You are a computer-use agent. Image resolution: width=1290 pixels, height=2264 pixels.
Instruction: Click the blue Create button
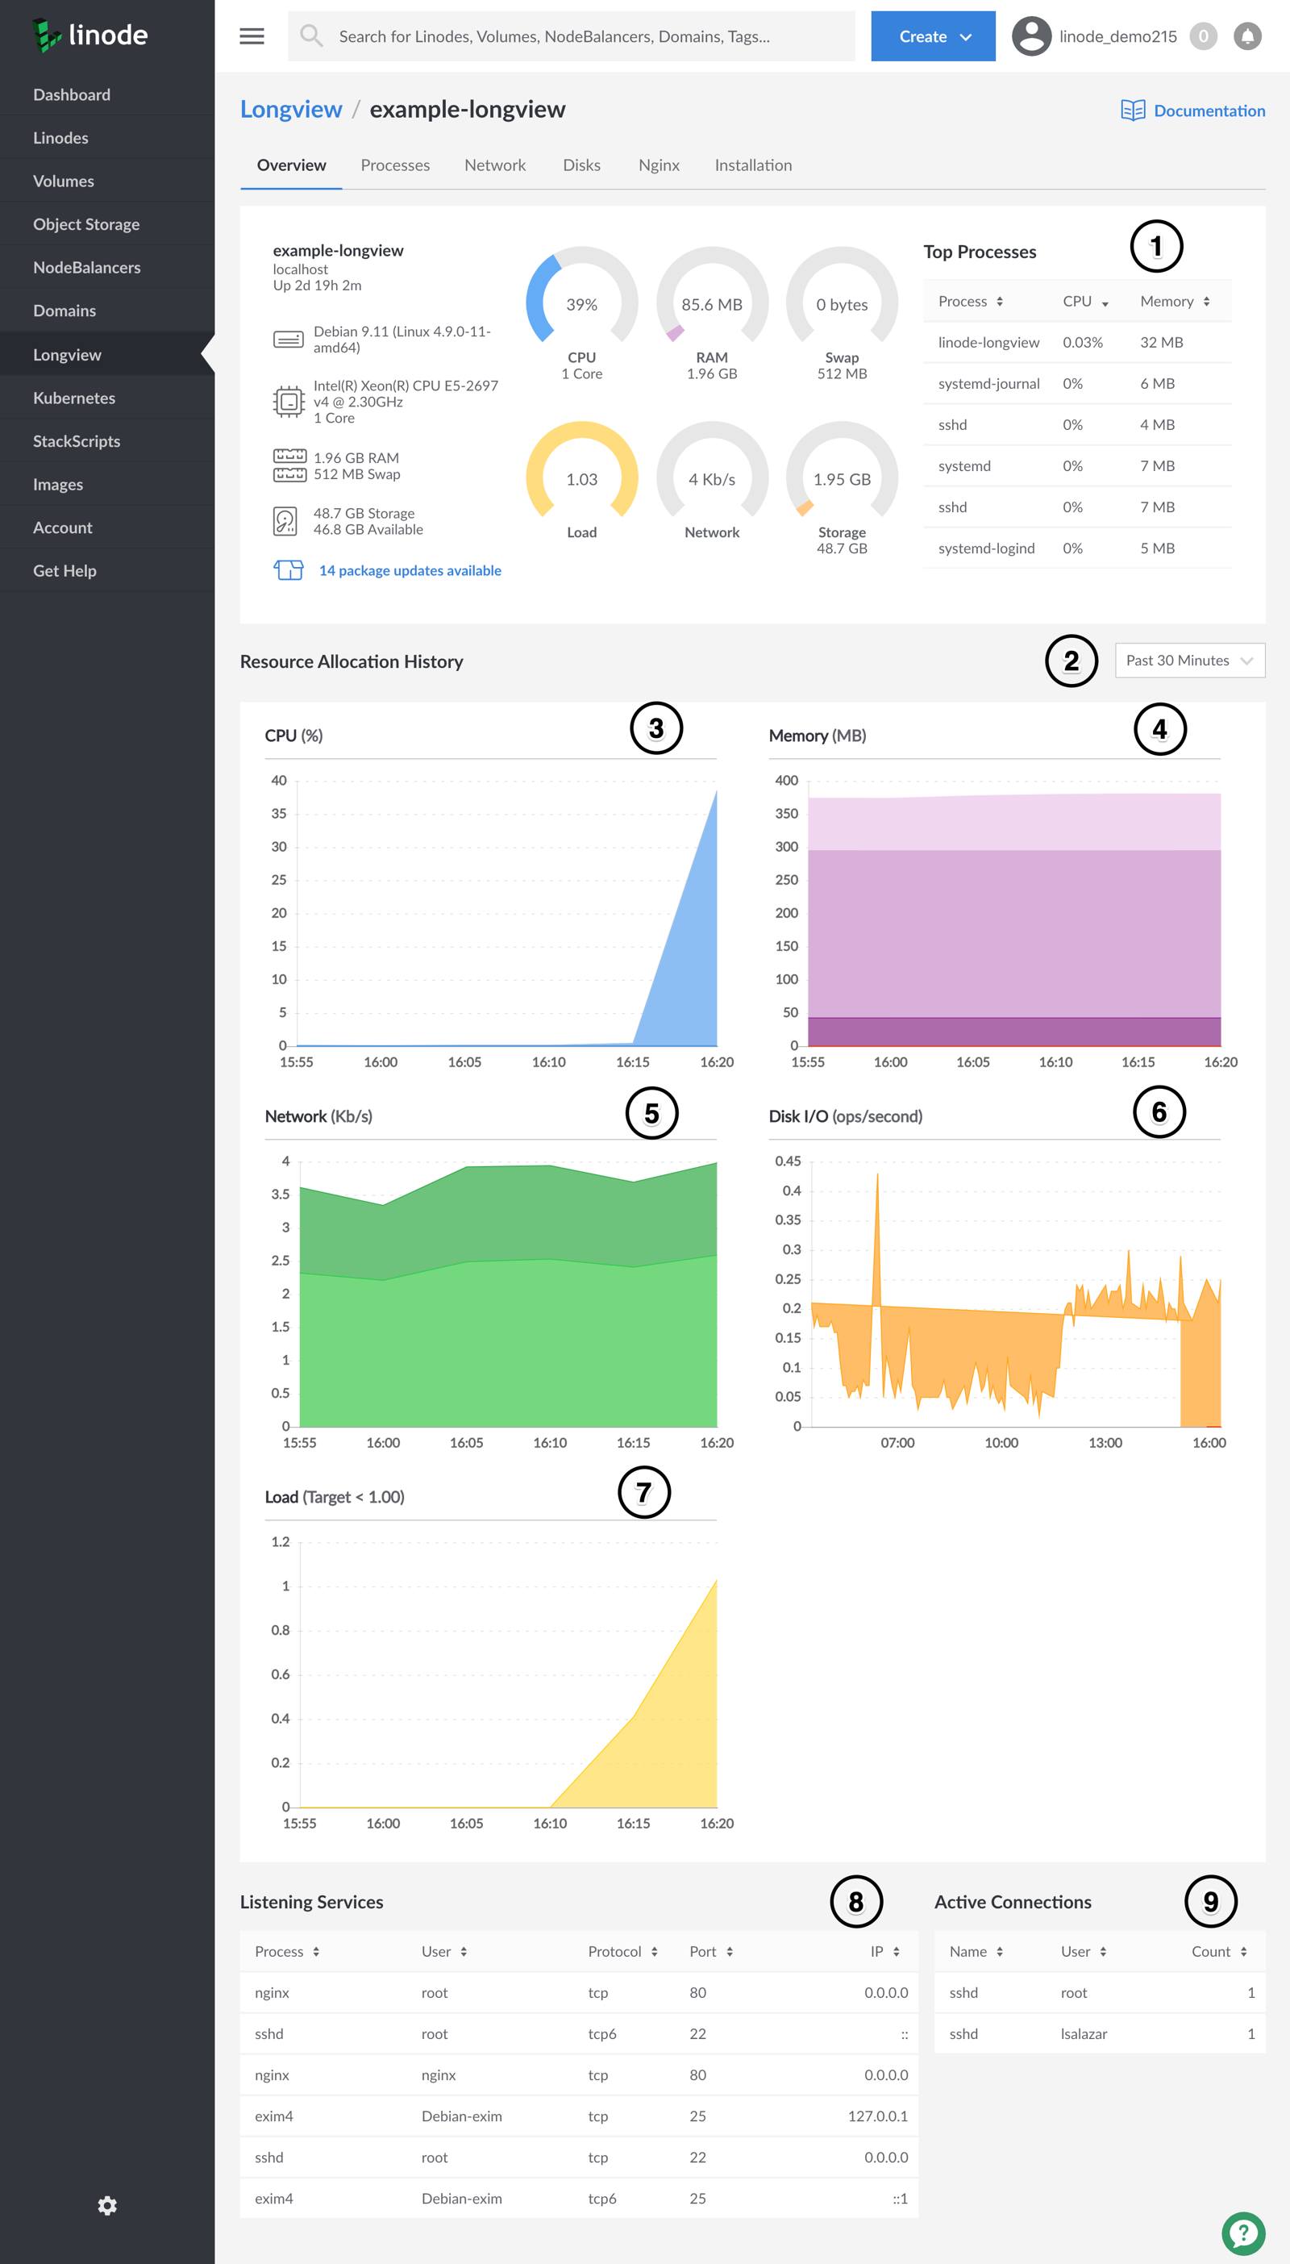[x=932, y=36]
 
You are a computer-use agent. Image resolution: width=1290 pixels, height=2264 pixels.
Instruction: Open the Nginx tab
[x=658, y=165]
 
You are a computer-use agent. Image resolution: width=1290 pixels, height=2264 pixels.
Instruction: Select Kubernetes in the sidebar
[x=73, y=398]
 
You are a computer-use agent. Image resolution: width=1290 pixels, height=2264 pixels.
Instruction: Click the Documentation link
[x=1208, y=110]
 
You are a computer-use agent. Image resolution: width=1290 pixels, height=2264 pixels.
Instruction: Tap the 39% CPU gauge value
[x=581, y=304]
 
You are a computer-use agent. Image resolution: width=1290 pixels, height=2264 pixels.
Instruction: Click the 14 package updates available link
[x=410, y=571]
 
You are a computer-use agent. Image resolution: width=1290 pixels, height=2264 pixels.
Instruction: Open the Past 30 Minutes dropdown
[x=1188, y=660]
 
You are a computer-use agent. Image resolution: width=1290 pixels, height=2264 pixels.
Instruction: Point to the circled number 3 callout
[x=655, y=728]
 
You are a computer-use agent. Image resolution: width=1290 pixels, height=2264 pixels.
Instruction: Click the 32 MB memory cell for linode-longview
[x=1161, y=342]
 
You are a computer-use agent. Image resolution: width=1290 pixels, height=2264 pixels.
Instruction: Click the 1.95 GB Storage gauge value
[x=841, y=479]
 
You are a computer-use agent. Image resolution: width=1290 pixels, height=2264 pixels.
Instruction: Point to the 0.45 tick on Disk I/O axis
[x=787, y=1161]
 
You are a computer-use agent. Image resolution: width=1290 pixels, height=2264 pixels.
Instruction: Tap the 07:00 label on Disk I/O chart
[x=897, y=1443]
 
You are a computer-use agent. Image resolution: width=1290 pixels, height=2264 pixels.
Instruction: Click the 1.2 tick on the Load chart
[x=280, y=1542]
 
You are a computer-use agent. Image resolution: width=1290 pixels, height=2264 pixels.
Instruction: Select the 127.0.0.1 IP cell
[x=877, y=2116]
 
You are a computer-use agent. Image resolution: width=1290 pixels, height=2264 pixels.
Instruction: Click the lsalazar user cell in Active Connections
[x=1083, y=2033]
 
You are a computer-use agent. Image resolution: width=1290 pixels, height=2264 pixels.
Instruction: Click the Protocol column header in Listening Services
[x=614, y=1951]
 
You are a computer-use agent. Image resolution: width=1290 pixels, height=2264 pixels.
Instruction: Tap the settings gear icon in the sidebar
[x=107, y=2205]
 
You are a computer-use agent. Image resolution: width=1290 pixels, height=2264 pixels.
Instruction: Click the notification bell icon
[x=1246, y=36]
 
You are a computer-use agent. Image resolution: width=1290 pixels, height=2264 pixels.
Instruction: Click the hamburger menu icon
[x=252, y=36]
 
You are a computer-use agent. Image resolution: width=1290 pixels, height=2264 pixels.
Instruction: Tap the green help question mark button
[x=1243, y=2234]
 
